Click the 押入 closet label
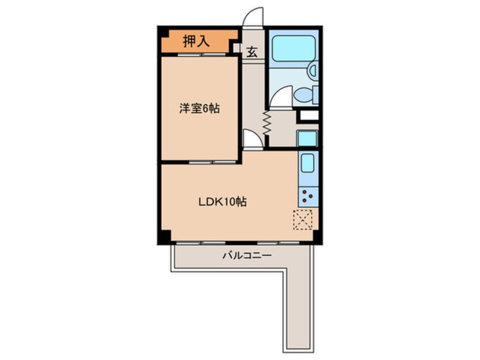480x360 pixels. point(196,41)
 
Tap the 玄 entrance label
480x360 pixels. point(252,52)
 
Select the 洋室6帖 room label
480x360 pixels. point(199,108)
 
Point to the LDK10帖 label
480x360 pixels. point(222,202)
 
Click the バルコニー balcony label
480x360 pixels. point(247,255)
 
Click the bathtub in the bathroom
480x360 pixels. point(293,48)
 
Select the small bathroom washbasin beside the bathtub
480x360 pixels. point(313,71)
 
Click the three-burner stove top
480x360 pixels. point(308,196)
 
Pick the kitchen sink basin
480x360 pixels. point(308,164)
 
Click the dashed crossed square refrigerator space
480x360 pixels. point(302,220)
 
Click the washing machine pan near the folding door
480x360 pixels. point(308,139)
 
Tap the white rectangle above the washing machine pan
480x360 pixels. point(309,115)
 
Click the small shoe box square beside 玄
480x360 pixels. point(237,48)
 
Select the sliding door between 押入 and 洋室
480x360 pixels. point(202,55)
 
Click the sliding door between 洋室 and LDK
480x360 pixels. point(212,162)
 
